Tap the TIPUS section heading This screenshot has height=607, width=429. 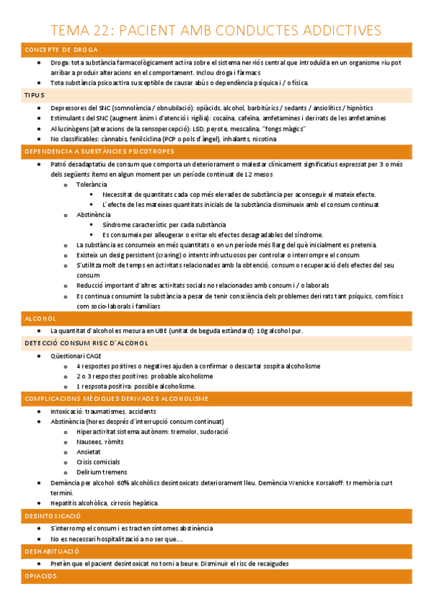pyautogui.click(x=34, y=94)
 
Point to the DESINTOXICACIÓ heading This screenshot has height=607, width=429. pyautogui.click(x=52, y=515)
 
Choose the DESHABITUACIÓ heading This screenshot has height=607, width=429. pyautogui.click(x=52, y=552)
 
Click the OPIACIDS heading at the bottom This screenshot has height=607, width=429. pyautogui.click(x=41, y=576)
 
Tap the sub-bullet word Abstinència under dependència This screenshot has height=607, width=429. pyautogui.click(x=94, y=215)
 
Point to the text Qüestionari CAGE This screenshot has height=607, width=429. pyautogui.click(x=76, y=355)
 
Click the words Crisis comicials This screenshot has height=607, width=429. pyautogui.click(x=100, y=462)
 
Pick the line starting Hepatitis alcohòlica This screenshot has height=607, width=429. pyautogui.click(x=105, y=503)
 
